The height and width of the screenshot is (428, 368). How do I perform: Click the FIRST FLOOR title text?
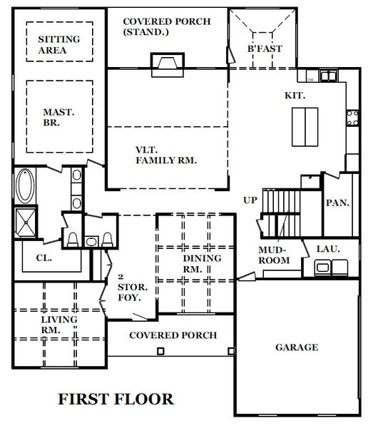[x=115, y=398]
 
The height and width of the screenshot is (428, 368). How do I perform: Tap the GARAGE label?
[x=296, y=347]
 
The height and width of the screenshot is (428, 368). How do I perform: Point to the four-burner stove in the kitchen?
[x=352, y=118]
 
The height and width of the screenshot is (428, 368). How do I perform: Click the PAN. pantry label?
[x=337, y=203]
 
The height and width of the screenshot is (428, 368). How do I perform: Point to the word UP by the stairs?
[x=250, y=200]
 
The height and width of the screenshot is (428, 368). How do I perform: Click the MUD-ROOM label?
[x=274, y=255]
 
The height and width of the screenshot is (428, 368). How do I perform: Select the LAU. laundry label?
[x=318, y=249]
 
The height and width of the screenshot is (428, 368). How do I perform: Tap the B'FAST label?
[x=265, y=49]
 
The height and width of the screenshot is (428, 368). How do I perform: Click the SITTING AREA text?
[x=58, y=44]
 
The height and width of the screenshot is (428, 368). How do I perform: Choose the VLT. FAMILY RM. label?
[x=165, y=156]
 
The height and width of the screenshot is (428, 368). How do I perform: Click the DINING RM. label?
[x=202, y=263]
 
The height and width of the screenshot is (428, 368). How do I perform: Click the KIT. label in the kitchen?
[x=295, y=95]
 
